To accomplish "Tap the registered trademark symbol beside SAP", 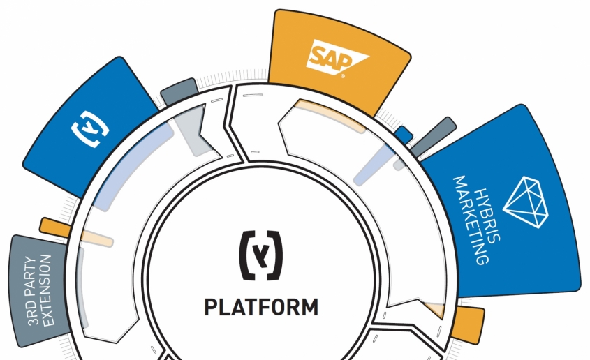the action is click(342, 76).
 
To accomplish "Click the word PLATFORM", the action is click(262, 307).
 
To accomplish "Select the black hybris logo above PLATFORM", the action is click(260, 255).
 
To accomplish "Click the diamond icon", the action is click(526, 202).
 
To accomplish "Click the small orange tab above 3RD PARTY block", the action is click(55, 227).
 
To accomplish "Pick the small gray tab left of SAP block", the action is click(179, 91).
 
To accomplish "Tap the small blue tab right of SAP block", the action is click(404, 135).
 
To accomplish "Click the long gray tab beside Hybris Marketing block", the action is click(433, 137).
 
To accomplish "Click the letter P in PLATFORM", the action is click(211, 307).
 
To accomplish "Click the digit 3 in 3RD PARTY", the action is click(33, 320).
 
